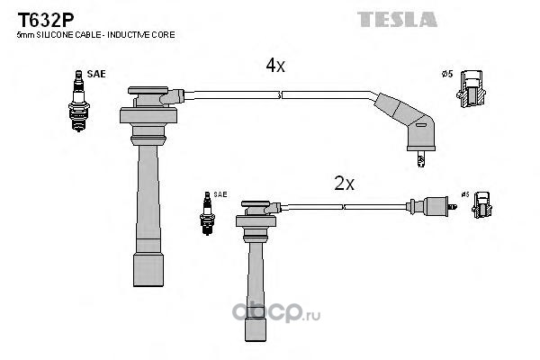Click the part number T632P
[46, 21]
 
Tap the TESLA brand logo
[397, 19]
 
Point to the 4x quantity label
[275, 65]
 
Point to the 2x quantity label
[344, 184]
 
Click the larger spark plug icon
[79, 101]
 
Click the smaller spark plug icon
[207, 213]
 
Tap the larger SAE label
[96, 74]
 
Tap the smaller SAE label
[220, 194]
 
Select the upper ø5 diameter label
[447, 74]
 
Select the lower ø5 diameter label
[465, 194]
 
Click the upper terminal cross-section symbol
[471, 88]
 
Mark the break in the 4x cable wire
[280, 95]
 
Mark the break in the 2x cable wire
[343, 207]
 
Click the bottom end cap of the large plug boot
[148, 270]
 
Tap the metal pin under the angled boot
[420, 158]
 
